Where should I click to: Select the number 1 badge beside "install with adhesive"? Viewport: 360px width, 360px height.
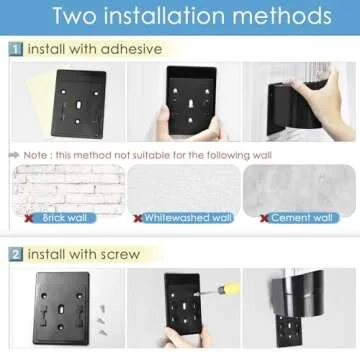coord(16,48)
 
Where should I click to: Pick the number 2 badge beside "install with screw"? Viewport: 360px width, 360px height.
coord(16,254)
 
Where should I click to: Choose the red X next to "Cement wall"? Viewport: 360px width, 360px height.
coord(264,217)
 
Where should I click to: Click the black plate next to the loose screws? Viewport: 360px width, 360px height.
coord(62,303)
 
